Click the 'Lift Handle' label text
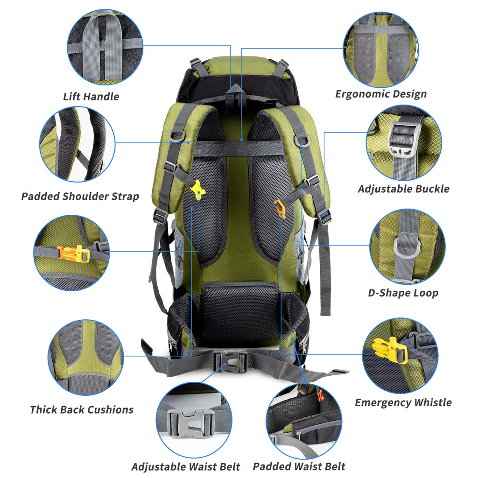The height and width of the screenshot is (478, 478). (x=91, y=97)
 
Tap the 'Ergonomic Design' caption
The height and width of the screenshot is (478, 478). (x=381, y=94)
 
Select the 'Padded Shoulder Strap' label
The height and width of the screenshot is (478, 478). (x=80, y=196)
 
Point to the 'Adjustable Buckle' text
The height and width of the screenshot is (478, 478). (x=403, y=189)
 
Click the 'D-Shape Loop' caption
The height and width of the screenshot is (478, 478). (x=403, y=293)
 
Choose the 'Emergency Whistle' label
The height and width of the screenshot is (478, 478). (x=403, y=402)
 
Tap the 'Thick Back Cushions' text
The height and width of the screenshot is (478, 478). (x=82, y=410)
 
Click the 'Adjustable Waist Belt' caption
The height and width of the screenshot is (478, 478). (x=185, y=467)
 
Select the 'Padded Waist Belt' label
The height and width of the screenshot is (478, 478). (x=299, y=467)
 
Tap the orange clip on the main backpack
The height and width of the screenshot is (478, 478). (x=280, y=209)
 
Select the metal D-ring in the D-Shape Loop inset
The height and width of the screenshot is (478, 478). (x=406, y=246)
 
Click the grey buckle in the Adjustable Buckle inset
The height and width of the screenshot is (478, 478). (x=402, y=139)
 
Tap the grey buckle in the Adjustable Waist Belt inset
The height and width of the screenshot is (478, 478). (x=191, y=423)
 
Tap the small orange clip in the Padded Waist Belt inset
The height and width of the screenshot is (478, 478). (x=320, y=395)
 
